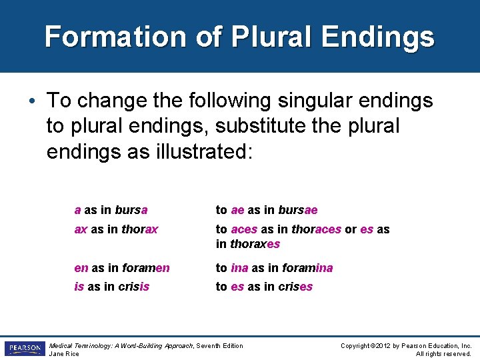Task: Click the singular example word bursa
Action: [131, 210]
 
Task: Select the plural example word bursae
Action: [297, 210]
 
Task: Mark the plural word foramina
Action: [307, 268]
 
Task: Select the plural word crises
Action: [297, 287]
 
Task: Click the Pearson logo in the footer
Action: [25, 349]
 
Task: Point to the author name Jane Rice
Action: [65, 353]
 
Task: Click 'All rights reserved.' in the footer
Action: [443, 353]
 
